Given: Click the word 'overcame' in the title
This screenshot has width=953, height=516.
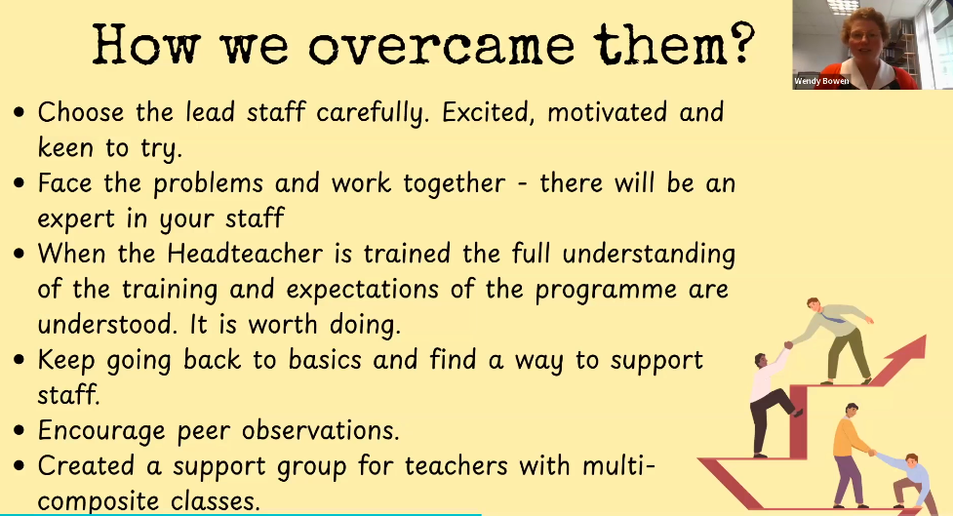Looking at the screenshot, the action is click(x=441, y=46).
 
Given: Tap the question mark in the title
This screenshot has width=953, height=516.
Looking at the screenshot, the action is click(x=740, y=43).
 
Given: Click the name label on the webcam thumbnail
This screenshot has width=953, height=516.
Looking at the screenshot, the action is click(x=821, y=81).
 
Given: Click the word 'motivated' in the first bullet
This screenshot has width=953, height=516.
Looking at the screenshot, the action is click(x=607, y=112).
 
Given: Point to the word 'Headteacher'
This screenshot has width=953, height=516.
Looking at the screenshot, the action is click(x=245, y=254).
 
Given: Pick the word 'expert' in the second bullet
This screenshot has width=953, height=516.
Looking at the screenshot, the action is click(x=76, y=219).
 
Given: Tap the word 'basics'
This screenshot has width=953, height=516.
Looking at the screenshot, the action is click(x=325, y=360).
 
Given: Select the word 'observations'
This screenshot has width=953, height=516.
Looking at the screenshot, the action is click(x=320, y=430).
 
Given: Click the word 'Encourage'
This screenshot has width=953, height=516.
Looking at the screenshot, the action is click(x=101, y=431).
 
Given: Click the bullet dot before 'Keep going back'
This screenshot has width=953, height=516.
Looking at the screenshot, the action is click(x=20, y=360).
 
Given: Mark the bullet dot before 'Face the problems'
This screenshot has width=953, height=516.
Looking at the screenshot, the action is click(x=20, y=183).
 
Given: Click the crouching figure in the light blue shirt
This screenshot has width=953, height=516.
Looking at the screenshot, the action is click(x=910, y=481).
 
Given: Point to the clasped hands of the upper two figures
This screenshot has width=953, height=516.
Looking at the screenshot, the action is click(x=788, y=344).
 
